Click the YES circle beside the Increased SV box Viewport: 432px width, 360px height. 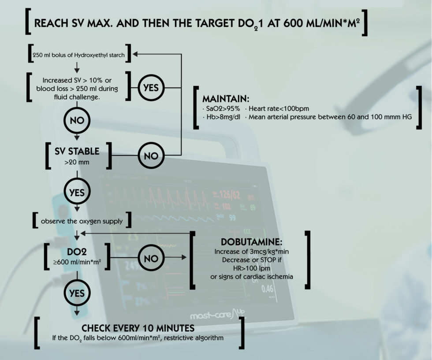[x=151, y=87]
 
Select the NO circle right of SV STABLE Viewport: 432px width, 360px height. [x=151, y=156]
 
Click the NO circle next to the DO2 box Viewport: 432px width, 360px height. [x=151, y=259]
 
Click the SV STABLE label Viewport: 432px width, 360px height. [x=77, y=152]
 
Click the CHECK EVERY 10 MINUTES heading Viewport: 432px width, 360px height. [x=138, y=329]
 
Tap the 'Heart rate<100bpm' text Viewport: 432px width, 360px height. [x=279, y=108]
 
